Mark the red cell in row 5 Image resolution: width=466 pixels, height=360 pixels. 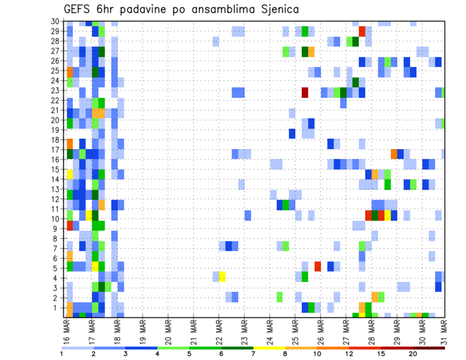[317, 266]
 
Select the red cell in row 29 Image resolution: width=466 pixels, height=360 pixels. [362, 31]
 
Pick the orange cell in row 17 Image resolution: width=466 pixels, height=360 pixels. [394, 154]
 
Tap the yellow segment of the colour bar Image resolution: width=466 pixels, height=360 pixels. [269, 347]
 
